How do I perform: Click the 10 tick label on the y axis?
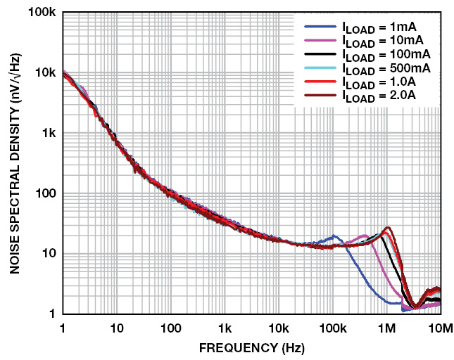(x=49, y=254)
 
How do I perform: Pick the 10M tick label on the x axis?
(x=440, y=328)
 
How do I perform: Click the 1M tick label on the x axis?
(x=386, y=328)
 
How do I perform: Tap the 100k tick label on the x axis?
(x=332, y=328)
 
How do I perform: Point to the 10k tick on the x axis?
(x=279, y=328)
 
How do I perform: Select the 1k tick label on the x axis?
(x=225, y=328)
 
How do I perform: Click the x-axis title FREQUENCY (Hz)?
(x=252, y=347)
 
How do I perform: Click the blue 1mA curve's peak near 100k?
(x=334, y=236)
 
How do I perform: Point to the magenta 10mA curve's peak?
(x=365, y=236)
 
